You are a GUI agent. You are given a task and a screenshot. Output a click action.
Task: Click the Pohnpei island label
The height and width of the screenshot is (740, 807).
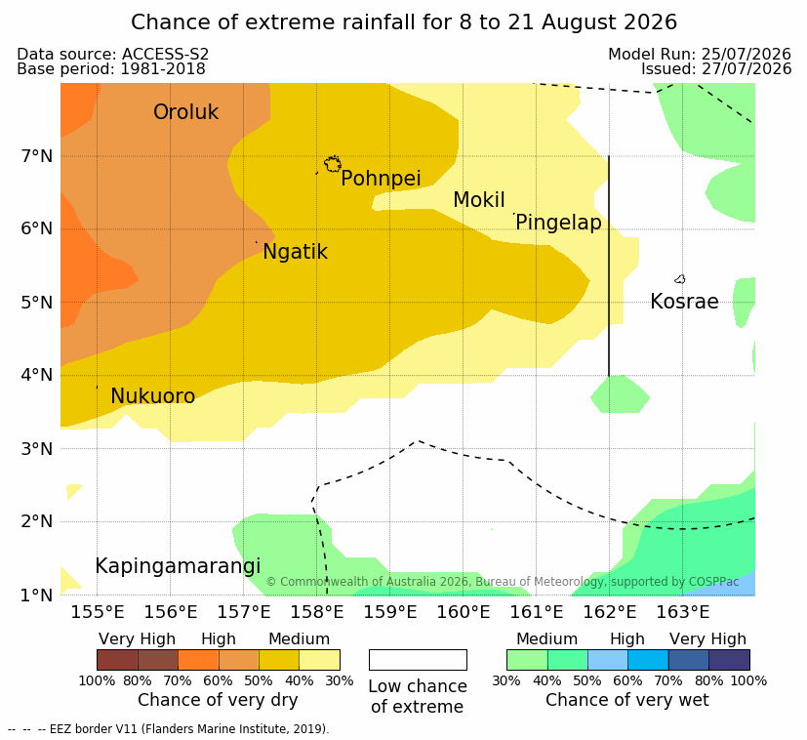(381, 179)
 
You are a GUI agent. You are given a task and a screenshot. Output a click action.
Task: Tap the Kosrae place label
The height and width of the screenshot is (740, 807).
(684, 302)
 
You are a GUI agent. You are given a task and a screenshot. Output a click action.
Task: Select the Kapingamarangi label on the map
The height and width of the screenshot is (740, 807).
(178, 566)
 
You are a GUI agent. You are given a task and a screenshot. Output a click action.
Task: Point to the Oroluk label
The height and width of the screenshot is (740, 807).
(185, 111)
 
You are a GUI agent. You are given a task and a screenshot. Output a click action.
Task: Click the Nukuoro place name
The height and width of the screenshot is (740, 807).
(153, 396)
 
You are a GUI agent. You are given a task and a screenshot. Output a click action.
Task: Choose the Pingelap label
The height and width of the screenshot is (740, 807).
(558, 223)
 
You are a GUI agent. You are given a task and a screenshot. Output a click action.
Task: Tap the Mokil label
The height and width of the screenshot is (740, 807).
(479, 200)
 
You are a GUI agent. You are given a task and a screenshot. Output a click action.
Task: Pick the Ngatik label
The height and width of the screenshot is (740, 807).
(295, 252)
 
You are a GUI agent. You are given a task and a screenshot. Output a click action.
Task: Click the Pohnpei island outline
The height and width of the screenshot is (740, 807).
(333, 164)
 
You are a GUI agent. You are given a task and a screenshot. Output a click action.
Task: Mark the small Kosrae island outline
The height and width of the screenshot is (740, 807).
(680, 279)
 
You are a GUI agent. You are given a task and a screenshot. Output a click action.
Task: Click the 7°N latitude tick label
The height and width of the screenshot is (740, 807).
(37, 156)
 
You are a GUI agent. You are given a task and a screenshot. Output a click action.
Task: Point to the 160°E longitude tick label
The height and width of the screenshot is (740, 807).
(464, 612)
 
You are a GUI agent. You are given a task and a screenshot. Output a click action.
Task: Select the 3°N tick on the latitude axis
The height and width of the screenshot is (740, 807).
(37, 449)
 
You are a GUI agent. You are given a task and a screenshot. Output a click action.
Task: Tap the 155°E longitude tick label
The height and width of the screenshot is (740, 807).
(98, 612)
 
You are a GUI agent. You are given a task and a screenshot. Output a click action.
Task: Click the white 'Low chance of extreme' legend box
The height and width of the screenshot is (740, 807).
(418, 660)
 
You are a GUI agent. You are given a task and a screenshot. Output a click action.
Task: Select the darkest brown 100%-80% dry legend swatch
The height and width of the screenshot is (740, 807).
(117, 660)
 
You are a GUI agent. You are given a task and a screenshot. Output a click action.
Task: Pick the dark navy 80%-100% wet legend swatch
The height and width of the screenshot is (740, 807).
(729, 660)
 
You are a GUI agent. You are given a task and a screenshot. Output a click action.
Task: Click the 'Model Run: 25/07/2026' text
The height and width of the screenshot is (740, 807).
(700, 54)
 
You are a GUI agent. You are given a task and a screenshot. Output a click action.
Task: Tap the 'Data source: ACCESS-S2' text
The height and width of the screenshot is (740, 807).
(113, 54)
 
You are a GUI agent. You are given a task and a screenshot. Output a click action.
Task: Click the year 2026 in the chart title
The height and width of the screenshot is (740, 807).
(651, 22)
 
